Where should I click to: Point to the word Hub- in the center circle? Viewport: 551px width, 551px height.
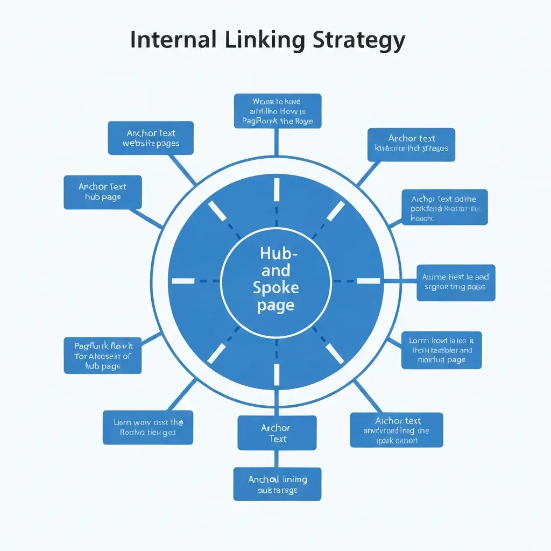click(275, 253)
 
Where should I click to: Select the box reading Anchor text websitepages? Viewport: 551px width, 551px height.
click(151, 138)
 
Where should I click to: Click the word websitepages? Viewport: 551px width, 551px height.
click(151, 144)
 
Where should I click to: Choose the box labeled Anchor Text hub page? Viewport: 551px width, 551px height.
click(103, 192)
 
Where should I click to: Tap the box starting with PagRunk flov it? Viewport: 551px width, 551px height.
click(103, 355)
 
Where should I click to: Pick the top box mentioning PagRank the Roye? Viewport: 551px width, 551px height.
click(277, 111)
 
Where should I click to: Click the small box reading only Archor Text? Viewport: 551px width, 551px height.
click(277, 433)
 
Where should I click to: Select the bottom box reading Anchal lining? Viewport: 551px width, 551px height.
click(277, 484)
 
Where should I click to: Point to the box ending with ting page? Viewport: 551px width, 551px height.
click(456, 282)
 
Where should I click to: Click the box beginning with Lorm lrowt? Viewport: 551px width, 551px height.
click(441, 350)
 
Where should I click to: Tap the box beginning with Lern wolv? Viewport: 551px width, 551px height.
click(148, 428)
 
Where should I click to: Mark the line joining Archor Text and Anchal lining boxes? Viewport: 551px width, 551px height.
click(277, 458)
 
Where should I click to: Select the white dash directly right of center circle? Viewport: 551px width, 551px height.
click(368, 281)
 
